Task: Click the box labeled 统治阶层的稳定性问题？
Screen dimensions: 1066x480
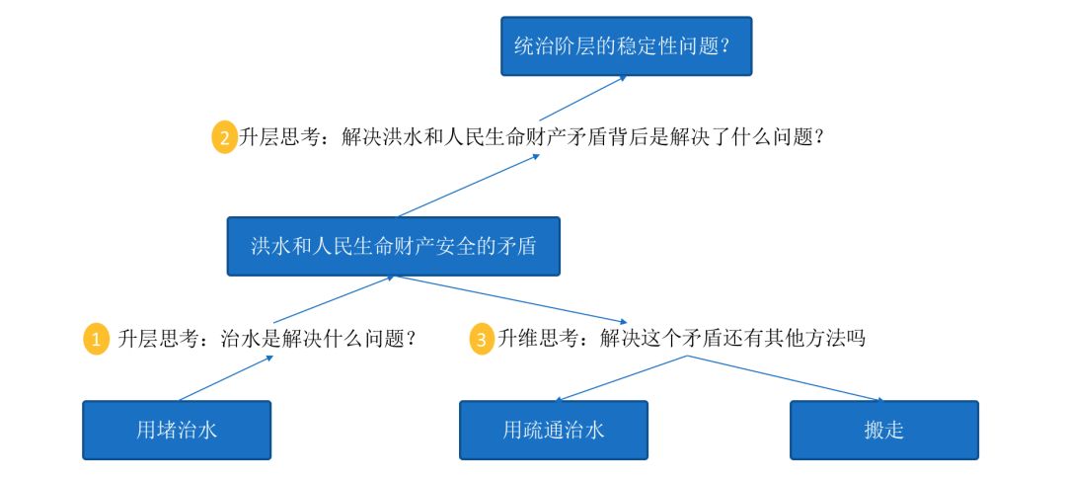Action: (626, 45)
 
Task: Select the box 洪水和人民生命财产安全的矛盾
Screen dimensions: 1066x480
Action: (393, 246)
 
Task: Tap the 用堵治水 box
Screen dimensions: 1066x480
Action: (176, 430)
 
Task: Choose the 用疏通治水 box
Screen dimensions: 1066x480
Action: (553, 430)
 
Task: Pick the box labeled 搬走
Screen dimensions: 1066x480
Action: (883, 430)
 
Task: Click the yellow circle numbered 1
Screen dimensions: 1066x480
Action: (97, 340)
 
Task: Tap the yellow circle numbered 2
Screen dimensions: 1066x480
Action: (225, 137)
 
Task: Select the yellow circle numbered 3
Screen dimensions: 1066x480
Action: (482, 340)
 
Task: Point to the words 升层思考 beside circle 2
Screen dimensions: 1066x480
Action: (277, 137)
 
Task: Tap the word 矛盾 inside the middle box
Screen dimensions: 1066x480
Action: (514, 246)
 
